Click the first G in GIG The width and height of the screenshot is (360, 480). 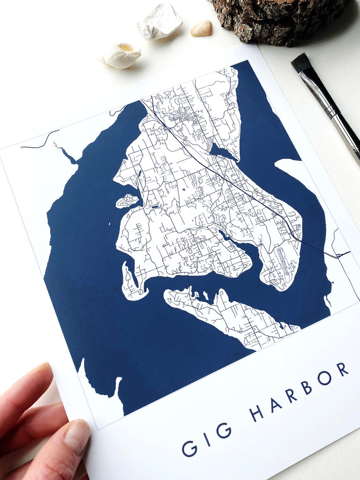189,448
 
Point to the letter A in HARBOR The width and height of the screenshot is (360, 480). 275,405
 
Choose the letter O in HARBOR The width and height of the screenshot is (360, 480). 324,378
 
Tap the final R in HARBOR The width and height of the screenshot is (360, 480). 342,369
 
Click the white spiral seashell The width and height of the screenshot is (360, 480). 120,55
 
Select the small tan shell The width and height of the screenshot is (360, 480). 201,28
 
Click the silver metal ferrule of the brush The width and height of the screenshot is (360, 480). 323,96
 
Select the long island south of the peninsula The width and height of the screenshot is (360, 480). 230,315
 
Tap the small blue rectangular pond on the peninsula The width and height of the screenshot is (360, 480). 154,206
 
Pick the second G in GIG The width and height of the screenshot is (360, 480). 224,430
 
